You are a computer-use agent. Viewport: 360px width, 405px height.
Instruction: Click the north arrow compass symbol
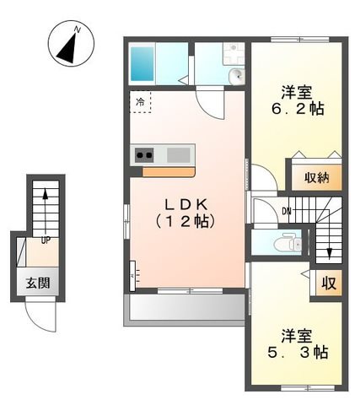pos(71,44)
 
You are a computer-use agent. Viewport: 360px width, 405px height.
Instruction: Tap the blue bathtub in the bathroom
pos(142,63)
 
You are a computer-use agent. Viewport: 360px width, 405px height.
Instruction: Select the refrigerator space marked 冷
pos(140,102)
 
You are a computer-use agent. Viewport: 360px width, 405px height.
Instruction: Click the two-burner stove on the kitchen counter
pos(144,154)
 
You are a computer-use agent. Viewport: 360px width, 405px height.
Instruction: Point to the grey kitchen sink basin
pos(179,155)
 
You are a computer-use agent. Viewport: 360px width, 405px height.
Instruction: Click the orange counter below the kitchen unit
pos(169,172)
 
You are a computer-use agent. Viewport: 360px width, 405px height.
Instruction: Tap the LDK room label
pos(185,205)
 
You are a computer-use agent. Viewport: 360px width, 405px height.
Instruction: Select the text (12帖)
pos(185,222)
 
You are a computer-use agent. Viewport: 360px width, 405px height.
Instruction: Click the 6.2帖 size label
pos(298,109)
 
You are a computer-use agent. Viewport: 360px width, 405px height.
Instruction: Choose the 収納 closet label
pos(317,178)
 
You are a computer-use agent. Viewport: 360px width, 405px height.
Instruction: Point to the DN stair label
pos(287,211)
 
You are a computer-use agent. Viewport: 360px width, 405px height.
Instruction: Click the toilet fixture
pos(287,241)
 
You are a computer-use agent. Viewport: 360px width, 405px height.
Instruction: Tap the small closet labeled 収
pos(329,283)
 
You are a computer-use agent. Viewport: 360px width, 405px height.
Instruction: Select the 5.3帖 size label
pos(298,353)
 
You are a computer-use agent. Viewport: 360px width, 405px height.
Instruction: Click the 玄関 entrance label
pos(38,283)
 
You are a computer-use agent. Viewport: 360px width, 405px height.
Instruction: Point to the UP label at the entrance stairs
pos(46,240)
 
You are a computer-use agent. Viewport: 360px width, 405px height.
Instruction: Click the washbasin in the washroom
pos(236,76)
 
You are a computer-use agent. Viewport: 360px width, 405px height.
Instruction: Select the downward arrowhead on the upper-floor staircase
pos(330,254)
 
